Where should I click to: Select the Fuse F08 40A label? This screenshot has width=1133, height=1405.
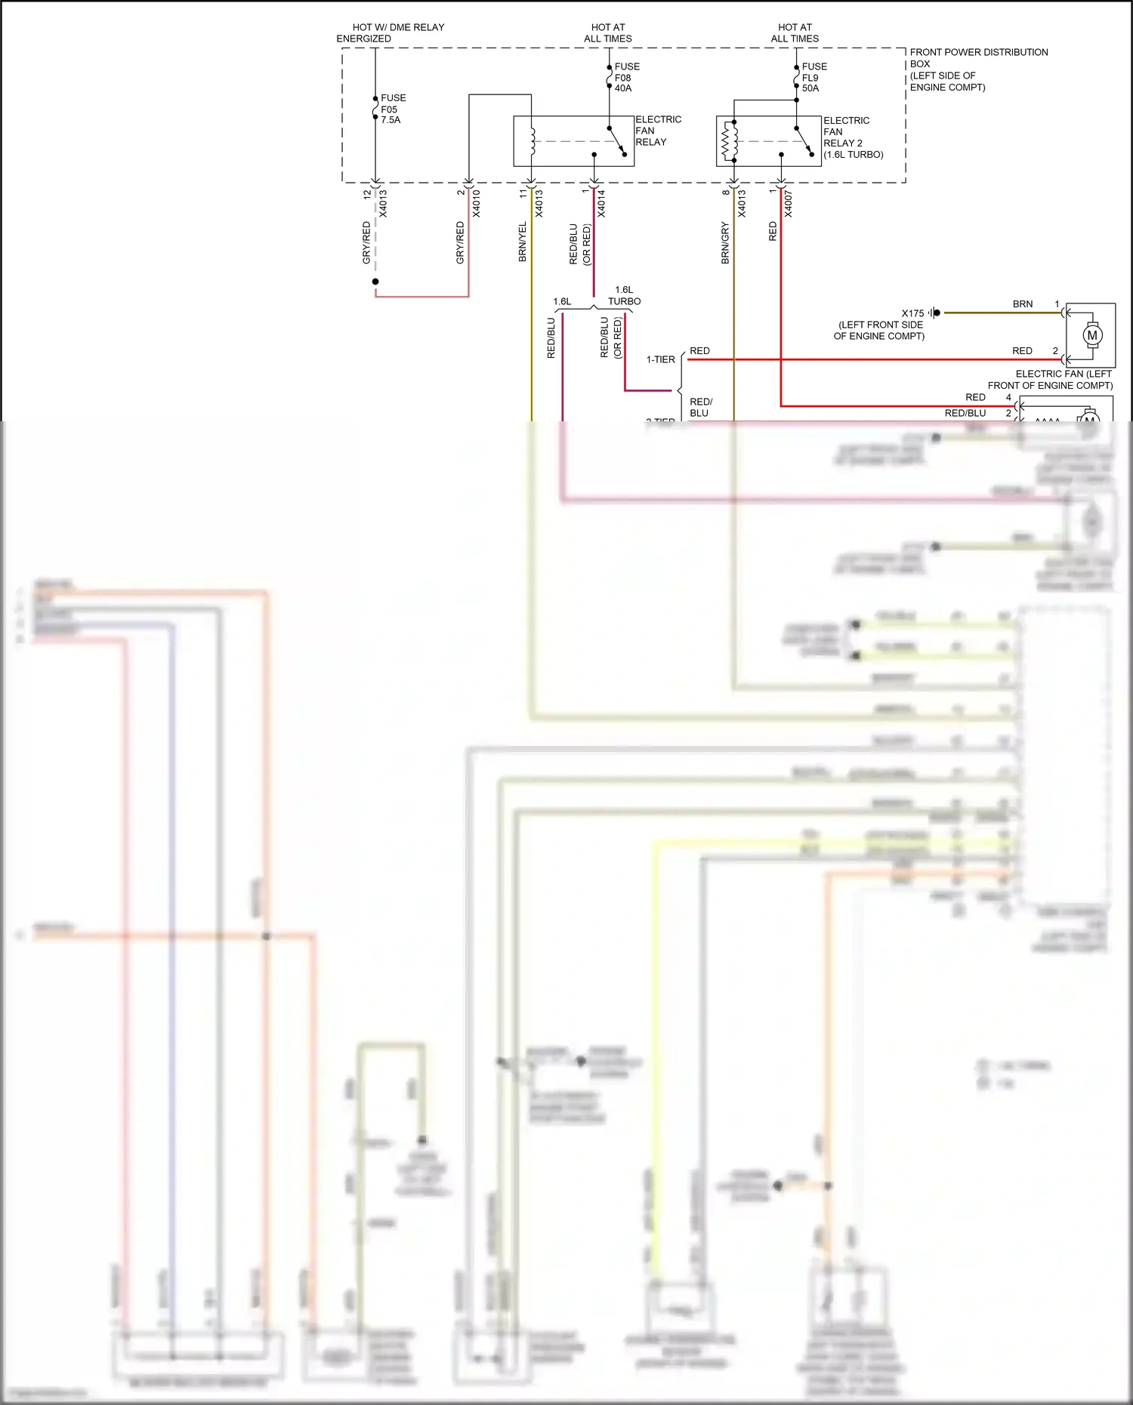tap(625, 77)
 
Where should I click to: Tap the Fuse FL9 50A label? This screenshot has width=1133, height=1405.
tap(813, 77)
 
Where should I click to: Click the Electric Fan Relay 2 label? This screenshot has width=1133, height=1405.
tap(852, 137)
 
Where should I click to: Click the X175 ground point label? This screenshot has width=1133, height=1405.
tap(912, 313)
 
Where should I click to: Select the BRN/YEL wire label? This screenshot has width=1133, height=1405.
tap(522, 242)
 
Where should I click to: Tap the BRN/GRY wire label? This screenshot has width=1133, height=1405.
tap(725, 242)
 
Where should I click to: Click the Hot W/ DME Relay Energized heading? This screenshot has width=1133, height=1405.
tap(390, 32)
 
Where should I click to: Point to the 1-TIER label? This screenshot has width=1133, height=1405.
tap(660, 359)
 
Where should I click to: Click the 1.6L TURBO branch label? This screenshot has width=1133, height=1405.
tap(624, 295)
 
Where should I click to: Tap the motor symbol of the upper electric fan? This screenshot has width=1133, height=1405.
tap(1091, 334)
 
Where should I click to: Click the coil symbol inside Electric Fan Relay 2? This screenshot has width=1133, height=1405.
tap(730, 140)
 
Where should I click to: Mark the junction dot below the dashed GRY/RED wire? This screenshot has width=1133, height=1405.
tap(375, 282)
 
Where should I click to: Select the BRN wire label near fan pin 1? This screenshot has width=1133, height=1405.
tap(1022, 303)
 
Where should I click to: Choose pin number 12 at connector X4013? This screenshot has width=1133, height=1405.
tap(367, 194)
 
